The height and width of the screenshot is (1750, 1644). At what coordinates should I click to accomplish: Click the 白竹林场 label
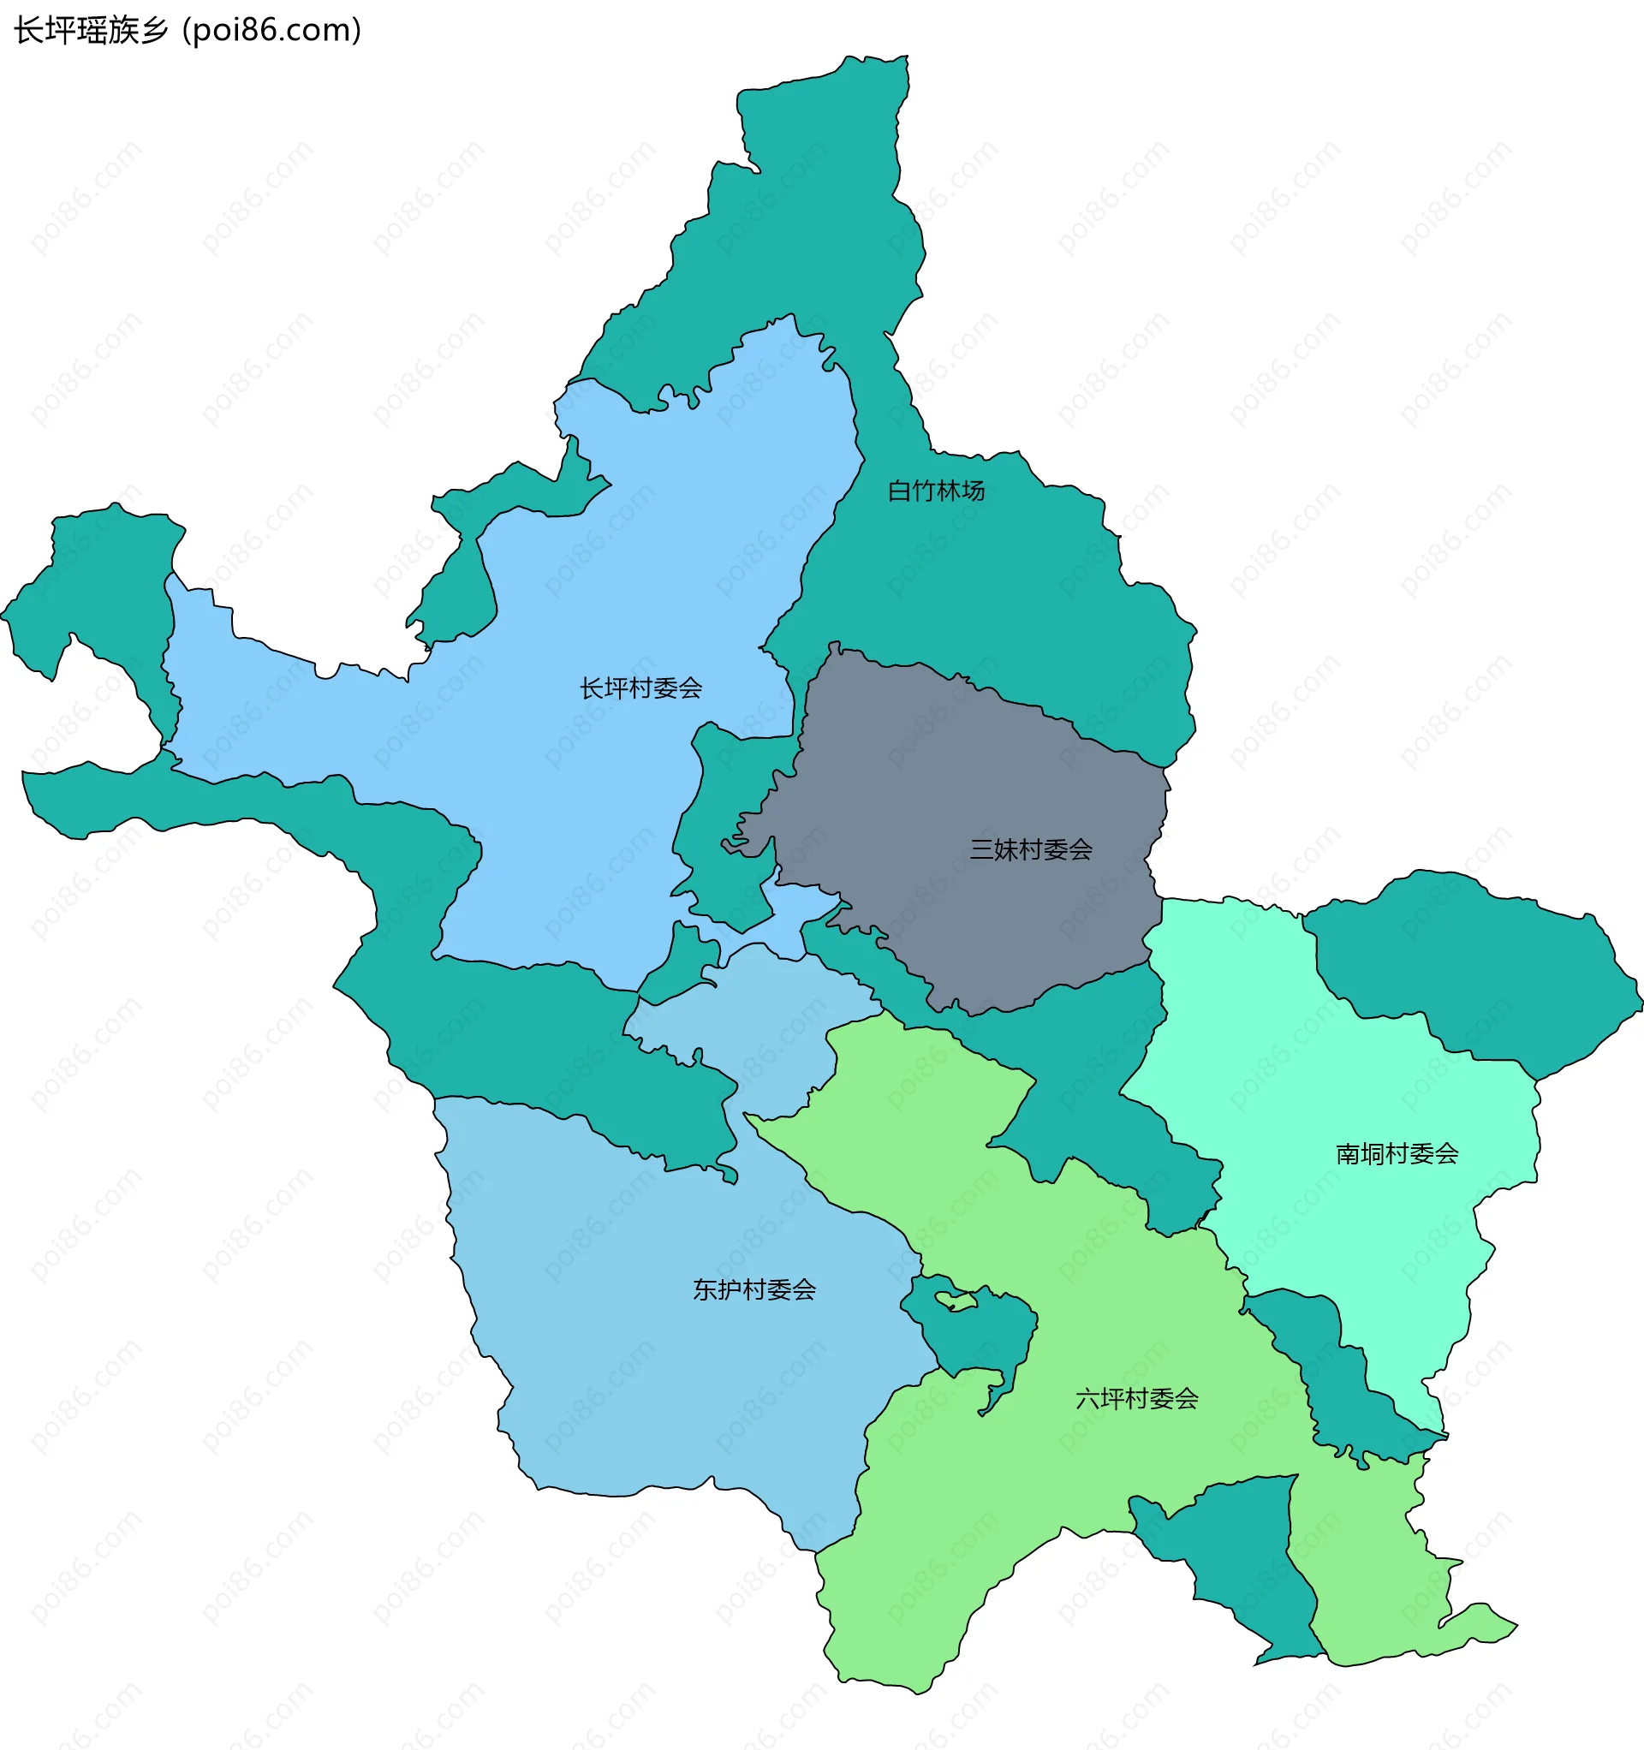click(x=935, y=491)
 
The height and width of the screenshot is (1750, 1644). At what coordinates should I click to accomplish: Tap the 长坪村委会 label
click(x=640, y=688)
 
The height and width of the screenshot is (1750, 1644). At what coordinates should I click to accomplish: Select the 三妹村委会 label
click(x=1030, y=849)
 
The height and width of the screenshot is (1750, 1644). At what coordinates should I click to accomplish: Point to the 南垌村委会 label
click(x=1397, y=1154)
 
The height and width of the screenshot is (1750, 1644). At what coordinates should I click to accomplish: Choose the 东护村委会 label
click(x=753, y=1290)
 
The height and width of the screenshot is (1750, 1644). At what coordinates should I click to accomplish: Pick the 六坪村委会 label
click(x=1137, y=1399)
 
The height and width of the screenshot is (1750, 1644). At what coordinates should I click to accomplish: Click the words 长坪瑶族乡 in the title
click(x=91, y=31)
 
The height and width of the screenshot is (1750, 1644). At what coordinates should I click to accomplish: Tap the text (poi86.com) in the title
click(x=271, y=31)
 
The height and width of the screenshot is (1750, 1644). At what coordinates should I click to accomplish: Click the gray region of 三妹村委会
click(x=968, y=775)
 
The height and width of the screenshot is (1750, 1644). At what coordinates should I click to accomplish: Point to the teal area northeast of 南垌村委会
click(x=1480, y=968)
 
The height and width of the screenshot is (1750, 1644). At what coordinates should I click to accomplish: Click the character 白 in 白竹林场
click(x=899, y=491)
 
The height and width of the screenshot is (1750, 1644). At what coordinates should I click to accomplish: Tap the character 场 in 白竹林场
click(x=973, y=491)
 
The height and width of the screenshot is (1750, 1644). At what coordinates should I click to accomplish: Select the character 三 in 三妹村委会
click(x=982, y=849)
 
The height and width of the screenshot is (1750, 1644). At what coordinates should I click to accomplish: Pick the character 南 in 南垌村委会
click(x=1348, y=1154)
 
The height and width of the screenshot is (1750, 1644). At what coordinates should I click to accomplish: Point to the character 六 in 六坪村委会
click(x=1088, y=1399)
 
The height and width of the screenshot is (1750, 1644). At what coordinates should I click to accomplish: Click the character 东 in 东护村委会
click(x=706, y=1290)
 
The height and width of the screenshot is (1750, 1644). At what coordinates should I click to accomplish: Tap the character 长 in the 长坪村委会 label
click(x=592, y=688)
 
